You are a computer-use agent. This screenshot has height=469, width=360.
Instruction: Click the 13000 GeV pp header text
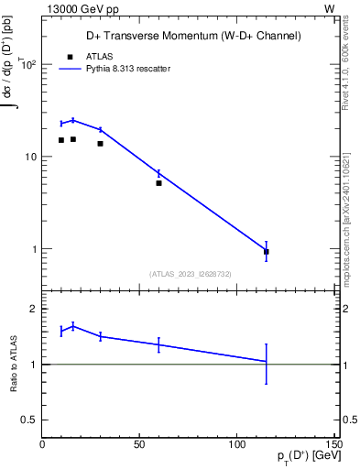click(x=76, y=8)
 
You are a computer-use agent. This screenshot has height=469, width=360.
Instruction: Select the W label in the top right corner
click(x=329, y=8)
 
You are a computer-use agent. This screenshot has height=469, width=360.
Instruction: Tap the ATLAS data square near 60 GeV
click(x=158, y=183)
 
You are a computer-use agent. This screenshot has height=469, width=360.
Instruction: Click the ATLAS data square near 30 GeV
click(x=100, y=144)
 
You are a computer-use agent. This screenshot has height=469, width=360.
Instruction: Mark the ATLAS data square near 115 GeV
click(x=266, y=251)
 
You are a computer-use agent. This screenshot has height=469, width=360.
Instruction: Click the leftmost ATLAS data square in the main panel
click(x=61, y=140)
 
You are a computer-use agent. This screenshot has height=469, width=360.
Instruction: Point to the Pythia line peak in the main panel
click(x=73, y=120)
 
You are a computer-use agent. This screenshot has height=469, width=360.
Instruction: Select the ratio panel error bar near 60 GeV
click(x=158, y=344)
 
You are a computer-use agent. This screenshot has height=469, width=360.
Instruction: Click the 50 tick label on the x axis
click(x=139, y=444)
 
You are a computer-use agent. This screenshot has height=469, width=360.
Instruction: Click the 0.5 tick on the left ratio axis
click(x=30, y=420)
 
